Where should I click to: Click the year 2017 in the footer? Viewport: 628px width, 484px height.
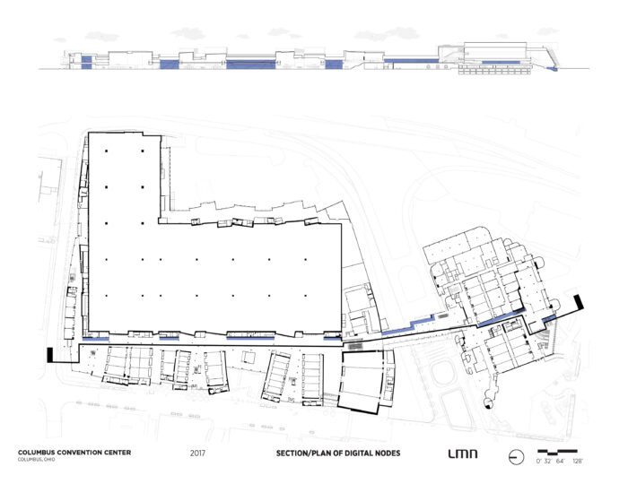point(197,454)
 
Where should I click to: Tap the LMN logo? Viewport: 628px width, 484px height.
point(463,454)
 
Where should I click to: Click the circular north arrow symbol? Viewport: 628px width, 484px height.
point(516,457)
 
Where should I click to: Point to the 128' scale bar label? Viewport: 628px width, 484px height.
point(577,462)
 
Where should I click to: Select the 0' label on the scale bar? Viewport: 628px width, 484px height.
point(538,462)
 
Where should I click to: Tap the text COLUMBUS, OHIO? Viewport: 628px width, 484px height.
point(37,460)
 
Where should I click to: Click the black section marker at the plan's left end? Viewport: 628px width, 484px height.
point(50,355)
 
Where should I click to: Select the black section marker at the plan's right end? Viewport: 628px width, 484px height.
point(579,302)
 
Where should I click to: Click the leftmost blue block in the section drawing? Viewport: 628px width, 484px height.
point(86,63)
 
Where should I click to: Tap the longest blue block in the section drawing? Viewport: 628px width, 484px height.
point(250,65)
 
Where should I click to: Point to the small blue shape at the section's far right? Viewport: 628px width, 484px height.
point(553,69)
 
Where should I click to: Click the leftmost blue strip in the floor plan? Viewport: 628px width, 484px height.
point(95,339)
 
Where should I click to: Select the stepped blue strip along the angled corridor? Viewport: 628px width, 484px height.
point(407,325)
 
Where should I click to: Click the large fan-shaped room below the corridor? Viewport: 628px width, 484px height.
point(362,381)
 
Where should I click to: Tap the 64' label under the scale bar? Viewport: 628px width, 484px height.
point(560,462)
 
